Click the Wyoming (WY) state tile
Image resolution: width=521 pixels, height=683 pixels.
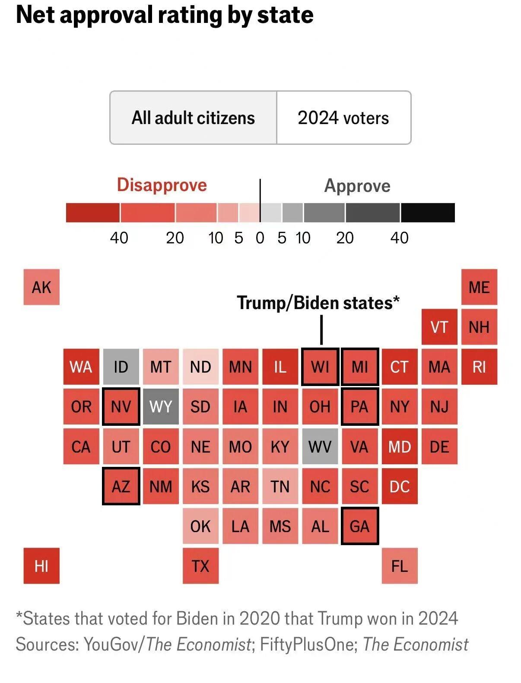point(161,406)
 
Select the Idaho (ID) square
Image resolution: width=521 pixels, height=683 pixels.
point(121,366)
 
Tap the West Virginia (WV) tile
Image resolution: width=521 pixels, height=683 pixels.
point(320,446)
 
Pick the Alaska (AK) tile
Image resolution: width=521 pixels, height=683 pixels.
point(41,287)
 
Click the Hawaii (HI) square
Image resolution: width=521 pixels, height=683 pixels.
point(41,566)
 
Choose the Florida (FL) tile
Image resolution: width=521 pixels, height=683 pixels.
point(400,566)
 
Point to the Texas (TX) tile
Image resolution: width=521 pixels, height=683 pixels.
point(200,566)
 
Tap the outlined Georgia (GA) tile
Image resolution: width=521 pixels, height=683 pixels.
point(360,526)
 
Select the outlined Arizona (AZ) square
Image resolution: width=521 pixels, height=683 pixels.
point(121,486)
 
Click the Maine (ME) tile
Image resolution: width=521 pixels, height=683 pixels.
point(479,287)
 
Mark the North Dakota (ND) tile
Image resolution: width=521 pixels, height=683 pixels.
point(200,366)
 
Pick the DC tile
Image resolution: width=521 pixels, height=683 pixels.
point(400,486)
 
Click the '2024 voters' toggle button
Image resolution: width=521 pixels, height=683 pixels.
point(343,118)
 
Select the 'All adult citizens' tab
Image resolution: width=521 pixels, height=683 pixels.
point(193,118)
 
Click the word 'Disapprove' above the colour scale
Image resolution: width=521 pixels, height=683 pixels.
point(162,185)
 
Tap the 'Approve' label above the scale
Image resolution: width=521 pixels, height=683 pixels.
point(357,186)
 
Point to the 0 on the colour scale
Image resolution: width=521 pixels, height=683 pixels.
point(260,238)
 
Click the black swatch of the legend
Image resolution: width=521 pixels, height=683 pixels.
point(428,213)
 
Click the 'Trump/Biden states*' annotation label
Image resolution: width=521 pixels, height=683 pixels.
point(318,303)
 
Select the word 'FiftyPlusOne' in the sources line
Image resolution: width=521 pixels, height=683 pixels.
point(308,644)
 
